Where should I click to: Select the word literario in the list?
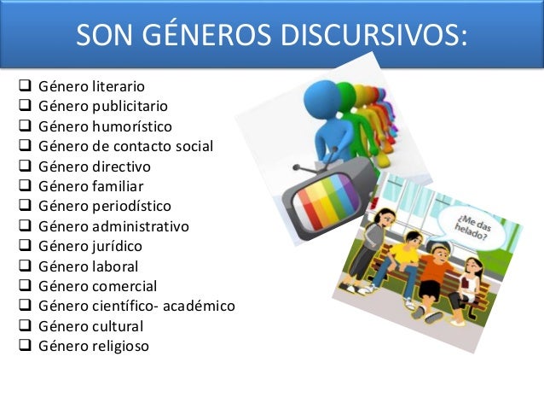pos(119,86)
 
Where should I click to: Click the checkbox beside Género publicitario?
pos(24,106)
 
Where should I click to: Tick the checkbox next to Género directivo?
pos(24,166)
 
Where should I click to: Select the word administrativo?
pos(140,226)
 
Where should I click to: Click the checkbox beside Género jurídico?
pos(24,245)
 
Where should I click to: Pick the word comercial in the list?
pos(124,286)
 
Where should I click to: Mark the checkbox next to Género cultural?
pos(24,325)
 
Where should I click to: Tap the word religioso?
pos(120,346)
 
